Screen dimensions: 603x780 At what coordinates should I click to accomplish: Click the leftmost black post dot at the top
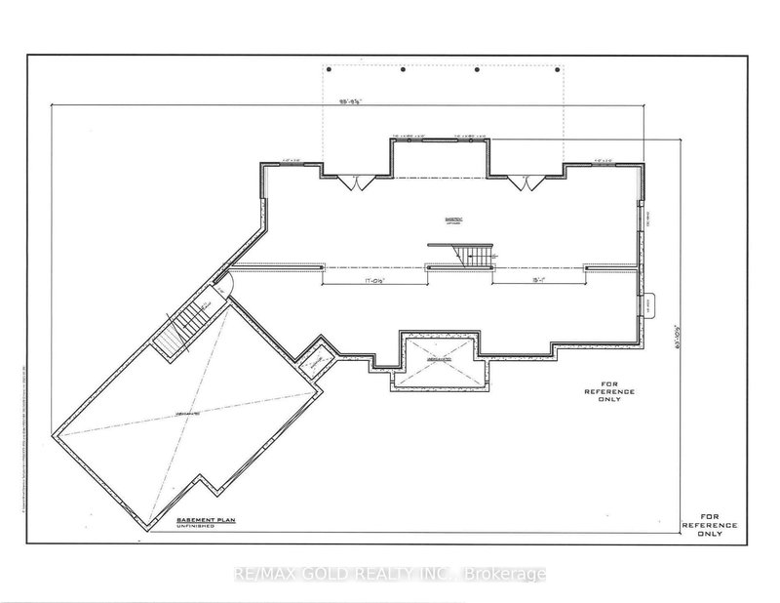point(331,69)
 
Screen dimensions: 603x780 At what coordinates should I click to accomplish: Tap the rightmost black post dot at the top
point(559,69)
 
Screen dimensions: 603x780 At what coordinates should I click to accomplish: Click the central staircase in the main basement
point(473,256)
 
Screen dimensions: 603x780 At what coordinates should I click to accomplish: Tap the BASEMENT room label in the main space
point(450,221)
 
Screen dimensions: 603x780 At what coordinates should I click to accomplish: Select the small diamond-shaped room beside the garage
point(314,361)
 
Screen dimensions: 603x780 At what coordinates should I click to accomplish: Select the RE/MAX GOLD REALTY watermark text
point(390,574)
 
